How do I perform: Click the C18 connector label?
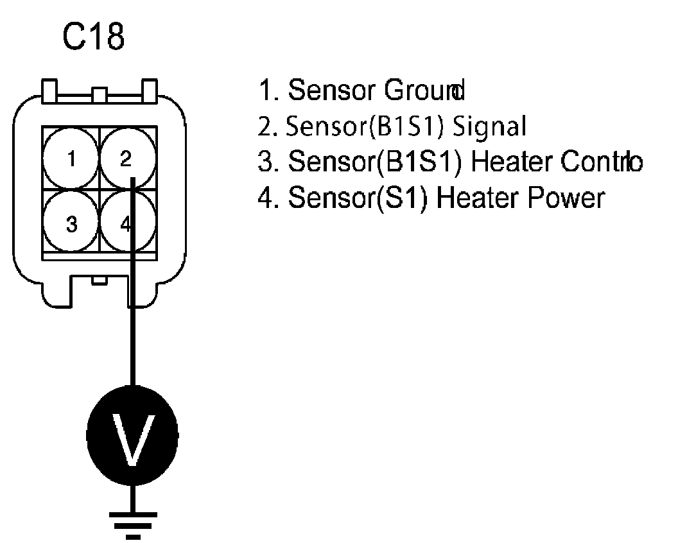coord(93,38)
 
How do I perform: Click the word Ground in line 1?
coord(424,91)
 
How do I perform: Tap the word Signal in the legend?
coord(489,126)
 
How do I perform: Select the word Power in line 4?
coord(565,197)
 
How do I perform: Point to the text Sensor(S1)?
coord(360,197)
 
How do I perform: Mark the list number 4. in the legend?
coord(267,197)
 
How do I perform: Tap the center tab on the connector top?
coord(99,96)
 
